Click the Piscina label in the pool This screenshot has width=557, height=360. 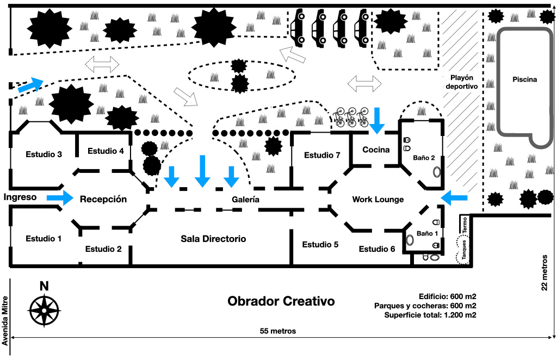pos(524,79)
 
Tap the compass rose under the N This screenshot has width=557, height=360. pos(44,309)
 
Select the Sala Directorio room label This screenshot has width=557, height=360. pos(213,239)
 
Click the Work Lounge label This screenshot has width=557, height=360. pos(378,200)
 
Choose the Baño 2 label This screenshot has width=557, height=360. pos(424,158)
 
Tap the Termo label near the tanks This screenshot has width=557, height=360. pos(464,224)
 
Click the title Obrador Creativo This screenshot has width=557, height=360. pos(281,301)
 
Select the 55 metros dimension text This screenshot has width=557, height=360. pos(277,331)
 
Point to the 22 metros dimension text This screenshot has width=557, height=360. pos(546,272)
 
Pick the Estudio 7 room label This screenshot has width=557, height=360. pos(322,155)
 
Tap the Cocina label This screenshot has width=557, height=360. pos(376,150)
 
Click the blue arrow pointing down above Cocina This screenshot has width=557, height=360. pos(376,120)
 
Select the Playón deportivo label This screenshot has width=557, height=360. pos(461,82)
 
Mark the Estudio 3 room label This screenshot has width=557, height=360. pos(44,154)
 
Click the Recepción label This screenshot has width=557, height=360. pos(103,199)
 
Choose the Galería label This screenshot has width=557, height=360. pos(245,200)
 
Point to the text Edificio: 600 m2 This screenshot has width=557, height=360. pos(448,296)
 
